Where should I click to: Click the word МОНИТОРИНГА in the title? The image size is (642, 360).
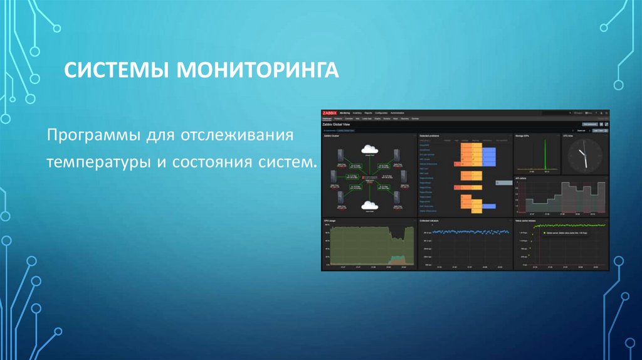click(x=258, y=70)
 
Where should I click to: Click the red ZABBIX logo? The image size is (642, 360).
click(x=329, y=112)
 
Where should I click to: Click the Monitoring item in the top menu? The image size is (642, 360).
click(x=345, y=112)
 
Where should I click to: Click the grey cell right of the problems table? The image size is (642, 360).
click(x=503, y=182)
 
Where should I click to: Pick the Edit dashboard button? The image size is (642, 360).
click(x=590, y=125)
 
